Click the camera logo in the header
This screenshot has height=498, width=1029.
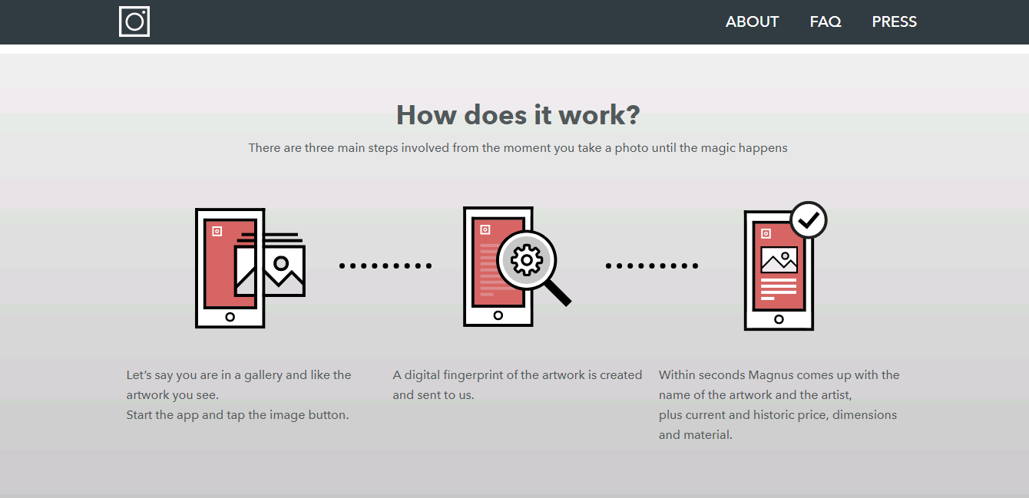(134, 21)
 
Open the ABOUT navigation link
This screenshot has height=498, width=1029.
(752, 21)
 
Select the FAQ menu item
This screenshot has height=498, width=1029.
(826, 21)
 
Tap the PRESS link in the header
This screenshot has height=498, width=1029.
(895, 21)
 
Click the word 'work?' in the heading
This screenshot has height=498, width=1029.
(599, 115)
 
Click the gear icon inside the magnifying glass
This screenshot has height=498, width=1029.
(527, 260)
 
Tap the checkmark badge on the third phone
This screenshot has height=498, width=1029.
(809, 220)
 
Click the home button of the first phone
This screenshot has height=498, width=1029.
(230, 317)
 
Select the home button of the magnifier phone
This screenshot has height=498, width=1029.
(498, 315)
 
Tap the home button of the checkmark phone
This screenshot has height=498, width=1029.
(779, 319)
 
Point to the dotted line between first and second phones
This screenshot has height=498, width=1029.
(385, 265)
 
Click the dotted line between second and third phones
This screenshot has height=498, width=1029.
(652, 265)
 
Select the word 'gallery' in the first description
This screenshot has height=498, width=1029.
(263, 375)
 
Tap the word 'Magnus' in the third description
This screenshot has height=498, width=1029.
(770, 375)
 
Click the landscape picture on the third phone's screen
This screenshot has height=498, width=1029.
(779, 260)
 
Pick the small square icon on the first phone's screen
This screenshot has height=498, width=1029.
(217, 231)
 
